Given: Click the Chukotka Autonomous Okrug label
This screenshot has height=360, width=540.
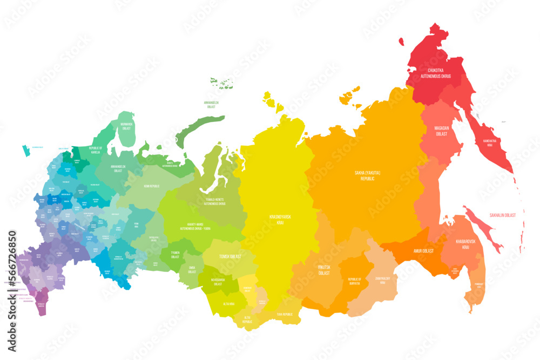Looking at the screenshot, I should [x=438, y=73].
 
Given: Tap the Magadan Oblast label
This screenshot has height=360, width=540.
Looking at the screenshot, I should [x=442, y=131].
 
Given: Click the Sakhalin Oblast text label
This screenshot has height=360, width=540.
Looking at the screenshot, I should [x=502, y=215].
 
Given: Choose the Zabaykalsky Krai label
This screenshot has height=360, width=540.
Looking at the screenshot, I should [x=383, y=280].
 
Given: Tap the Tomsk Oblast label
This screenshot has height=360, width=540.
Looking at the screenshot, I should [x=230, y=256].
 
